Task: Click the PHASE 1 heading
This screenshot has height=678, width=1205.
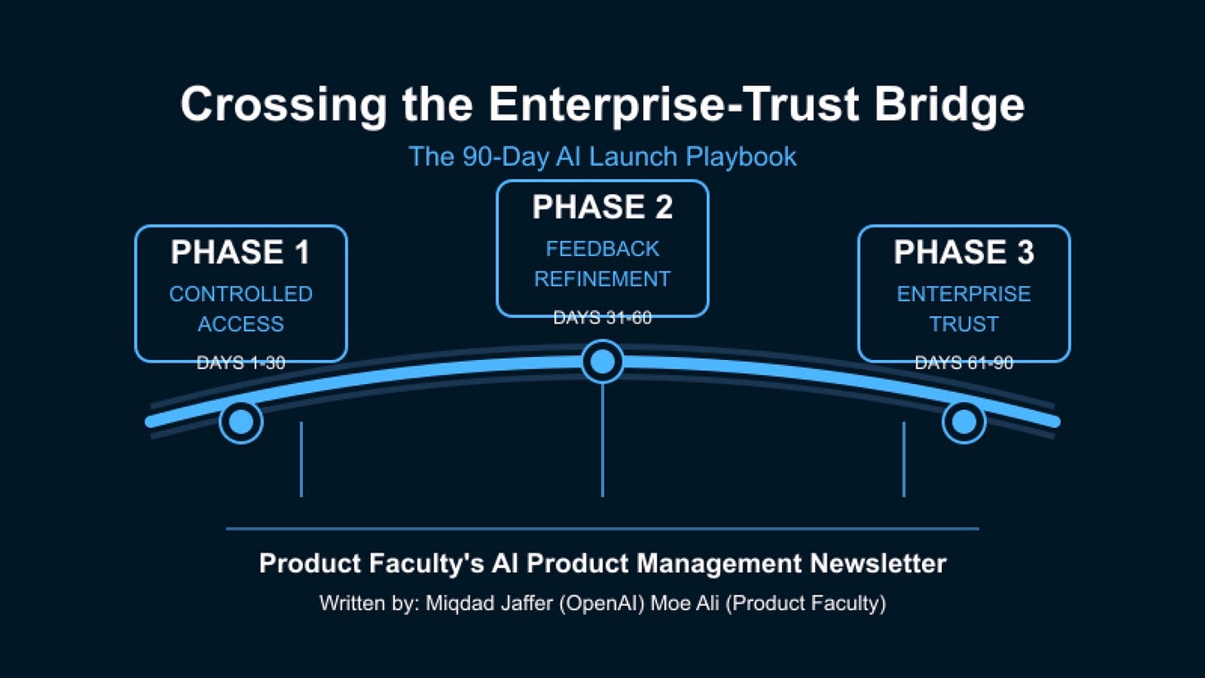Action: pyautogui.click(x=240, y=252)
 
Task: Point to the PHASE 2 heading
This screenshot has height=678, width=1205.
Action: pyautogui.click(x=602, y=207)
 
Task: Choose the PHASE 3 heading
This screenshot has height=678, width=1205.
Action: pyautogui.click(x=963, y=252)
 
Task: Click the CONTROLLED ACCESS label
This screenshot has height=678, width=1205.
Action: pyautogui.click(x=241, y=309)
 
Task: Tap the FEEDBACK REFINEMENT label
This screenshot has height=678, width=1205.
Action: pyautogui.click(x=602, y=264)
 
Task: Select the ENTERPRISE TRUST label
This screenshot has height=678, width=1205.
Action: pyautogui.click(x=963, y=309)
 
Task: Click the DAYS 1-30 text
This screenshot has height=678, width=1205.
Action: pyautogui.click(x=241, y=363)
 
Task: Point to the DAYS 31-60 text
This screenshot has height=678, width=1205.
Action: pyautogui.click(x=602, y=318)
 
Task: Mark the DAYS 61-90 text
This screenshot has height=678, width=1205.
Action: pyautogui.click(x=963, y=363)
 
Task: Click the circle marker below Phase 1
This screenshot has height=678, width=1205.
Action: pyautogui.click(x=241, y=422)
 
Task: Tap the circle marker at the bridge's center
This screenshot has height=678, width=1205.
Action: pyautogui.click(x=602, y=362)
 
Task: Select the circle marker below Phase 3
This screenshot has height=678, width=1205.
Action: pyautogui.click(x=964, y=422)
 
